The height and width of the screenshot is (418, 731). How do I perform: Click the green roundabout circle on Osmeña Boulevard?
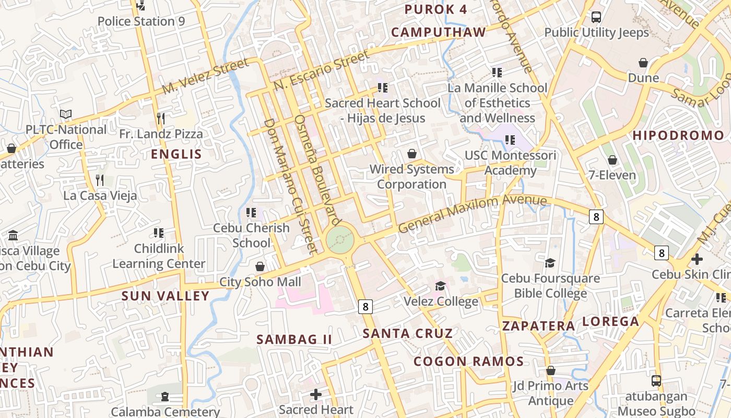click(x=340, y=240)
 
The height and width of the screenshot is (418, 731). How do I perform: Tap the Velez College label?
click(x=441, y=301)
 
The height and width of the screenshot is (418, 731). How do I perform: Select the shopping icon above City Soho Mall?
click(x=260, y=266)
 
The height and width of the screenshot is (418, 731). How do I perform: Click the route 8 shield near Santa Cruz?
click(x=365, y=307)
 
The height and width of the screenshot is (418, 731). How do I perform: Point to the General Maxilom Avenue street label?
click(x=473, y=214)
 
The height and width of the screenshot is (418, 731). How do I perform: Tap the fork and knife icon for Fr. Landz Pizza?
click(x=161, y=119)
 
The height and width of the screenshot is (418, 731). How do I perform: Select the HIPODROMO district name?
click(x=678, y=136)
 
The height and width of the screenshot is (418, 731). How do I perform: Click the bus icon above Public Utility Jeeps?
click(x=596, y=17)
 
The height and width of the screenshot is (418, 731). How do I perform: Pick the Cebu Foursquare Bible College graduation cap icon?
click(x=550, y=262)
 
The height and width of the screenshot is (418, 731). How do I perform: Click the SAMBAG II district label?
click(x=294, y=339)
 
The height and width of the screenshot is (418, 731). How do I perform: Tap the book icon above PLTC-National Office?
click(x=65, y=114)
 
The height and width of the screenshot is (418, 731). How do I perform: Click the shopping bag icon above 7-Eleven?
click(x=612, y=160)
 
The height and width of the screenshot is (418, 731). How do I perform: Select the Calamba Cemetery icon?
click(x=165, y=397)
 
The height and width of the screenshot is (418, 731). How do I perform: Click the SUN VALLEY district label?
click(x=165, y=296)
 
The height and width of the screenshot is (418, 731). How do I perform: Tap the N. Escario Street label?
click(x=322, y=69)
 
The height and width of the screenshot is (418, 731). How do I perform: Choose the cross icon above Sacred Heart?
click(x=315, y=394)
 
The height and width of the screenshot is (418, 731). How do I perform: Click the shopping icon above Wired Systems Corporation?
click(x=412, y=154)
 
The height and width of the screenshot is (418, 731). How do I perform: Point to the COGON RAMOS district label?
click(x=468, y=361)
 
